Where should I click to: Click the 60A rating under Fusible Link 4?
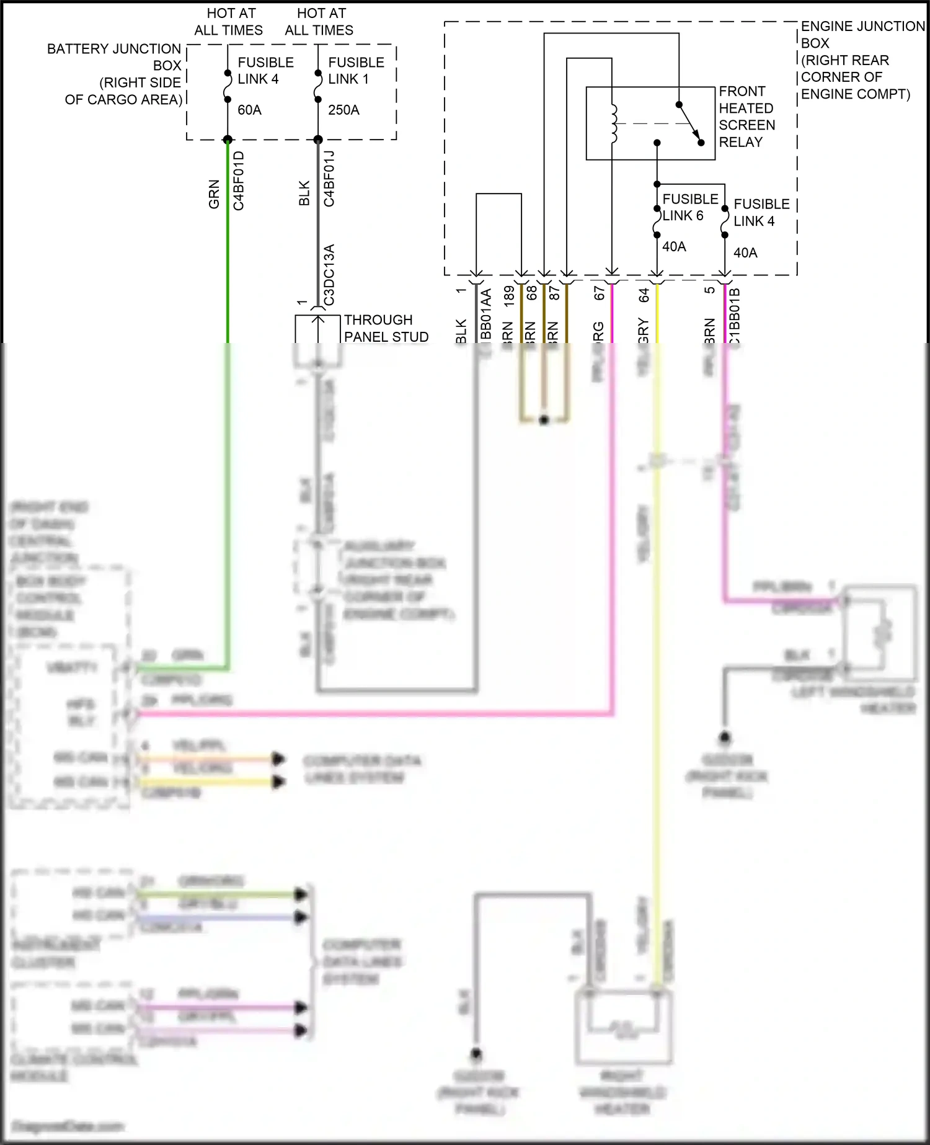pyautogui.click(x=249, y=110)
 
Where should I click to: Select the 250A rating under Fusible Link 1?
pyautogui.click(x=343, y=110)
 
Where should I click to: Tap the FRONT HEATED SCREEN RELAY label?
pyautogui.click(x=746, y=117)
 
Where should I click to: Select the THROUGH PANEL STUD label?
pyautogui.click(x=386, y=328)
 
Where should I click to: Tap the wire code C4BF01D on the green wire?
pyautogui.click(x=239, y=180)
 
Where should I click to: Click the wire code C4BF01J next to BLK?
pyautogui.click(x=329, y=179)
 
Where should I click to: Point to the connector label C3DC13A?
pyautogui.click(x=329, y=275)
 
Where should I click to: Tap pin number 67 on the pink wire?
pyautogui.click(x=600, y=293)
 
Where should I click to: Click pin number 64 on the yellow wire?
pyautogui.click(x=644, y=295)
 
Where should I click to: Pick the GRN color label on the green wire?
pyautogui.click(x=214, y=194)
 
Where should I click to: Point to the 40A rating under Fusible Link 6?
pyautogui.click(x=674, y=246)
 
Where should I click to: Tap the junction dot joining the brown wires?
pyautogui.click(x=544, y=420)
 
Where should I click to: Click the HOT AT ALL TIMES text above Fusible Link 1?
pyautogui.click(x=319, y=22)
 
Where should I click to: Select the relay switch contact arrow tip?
pyautogui.click(x=698, y=139)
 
